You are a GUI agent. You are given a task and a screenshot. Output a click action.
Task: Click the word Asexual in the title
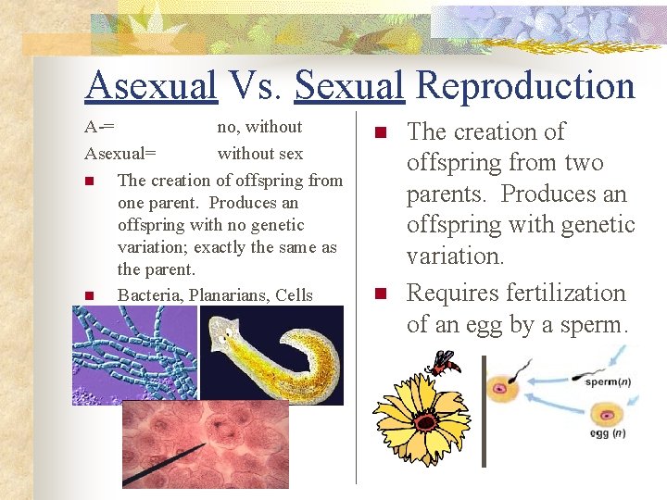pos(150,86)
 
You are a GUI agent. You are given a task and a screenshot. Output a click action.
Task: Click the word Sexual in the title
pos(349,86)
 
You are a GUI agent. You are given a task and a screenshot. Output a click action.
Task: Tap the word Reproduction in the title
pos(525,86)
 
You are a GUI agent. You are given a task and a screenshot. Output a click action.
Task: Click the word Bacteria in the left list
pos(151,295)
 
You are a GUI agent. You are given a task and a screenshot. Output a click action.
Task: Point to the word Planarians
pos(229,295)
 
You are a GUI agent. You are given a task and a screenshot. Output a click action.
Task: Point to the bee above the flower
pos(445,362)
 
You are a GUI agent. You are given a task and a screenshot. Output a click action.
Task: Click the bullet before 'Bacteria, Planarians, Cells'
pos(89,296)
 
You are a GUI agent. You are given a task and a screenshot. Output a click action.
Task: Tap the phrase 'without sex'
pos(259,153)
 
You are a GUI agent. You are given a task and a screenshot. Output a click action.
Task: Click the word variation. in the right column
pos(455,256)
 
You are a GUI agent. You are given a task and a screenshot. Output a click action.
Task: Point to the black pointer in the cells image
pos(162,469)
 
